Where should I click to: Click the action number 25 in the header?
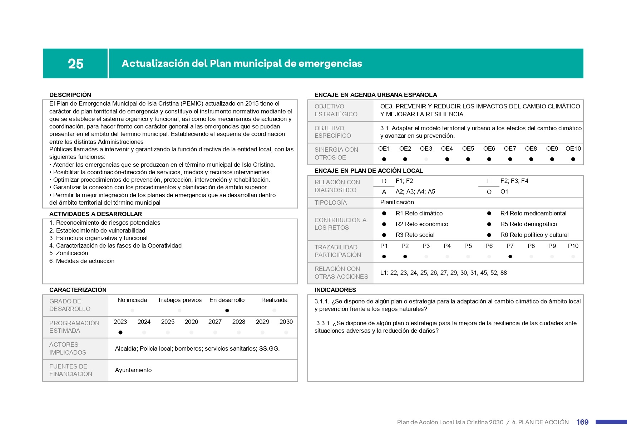pos(76,64)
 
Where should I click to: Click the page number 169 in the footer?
pos(582,422)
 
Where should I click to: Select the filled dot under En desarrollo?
pos(227,311)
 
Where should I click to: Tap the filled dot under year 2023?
pos(120,332)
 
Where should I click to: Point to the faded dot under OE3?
pos(426,159)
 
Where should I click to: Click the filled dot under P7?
pos(510,257)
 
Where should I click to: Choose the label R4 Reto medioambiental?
pos(533,213)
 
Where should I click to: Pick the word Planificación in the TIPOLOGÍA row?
pos(397,202)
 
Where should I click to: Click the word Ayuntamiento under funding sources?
pos(133,370)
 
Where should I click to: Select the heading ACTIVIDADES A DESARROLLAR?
pos(95,214)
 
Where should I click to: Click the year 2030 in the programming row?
pos(286,322)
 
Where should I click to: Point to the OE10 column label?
pos(573,148)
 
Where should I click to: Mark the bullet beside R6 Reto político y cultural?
pos(489,235)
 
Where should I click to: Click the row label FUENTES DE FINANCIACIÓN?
pos(71,370)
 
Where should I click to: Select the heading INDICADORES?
pos(335,290)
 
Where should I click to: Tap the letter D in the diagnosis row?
pos(384,181)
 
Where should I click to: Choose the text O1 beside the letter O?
pos(504,191)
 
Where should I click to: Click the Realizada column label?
pos(274,300)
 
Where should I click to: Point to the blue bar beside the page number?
pos(611,422)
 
